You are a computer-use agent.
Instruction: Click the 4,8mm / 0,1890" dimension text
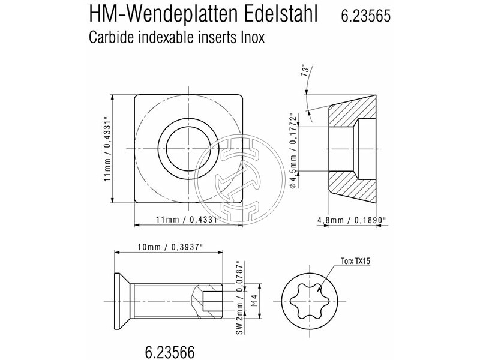(351, 220)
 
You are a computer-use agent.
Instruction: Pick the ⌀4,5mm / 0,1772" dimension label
(294, 150)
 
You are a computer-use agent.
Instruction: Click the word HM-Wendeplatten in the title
(161, 15)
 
